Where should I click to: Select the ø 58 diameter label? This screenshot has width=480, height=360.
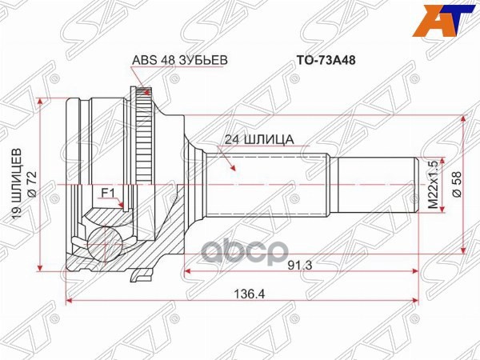tap(457, 183)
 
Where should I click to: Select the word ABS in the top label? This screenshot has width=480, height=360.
tap(141, 58)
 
